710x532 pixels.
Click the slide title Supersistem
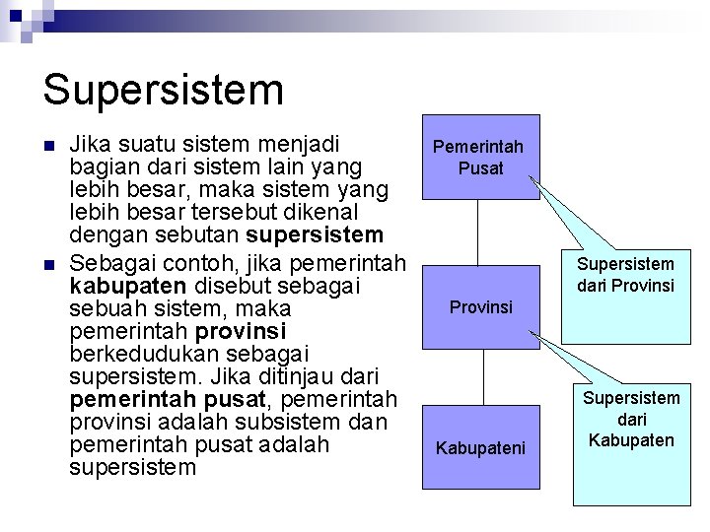(x=164, y=89)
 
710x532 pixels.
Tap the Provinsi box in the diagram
(x=481, y=307)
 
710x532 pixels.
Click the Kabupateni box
(x=481, y=448)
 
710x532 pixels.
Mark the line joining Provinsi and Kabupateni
(x=481, y=376)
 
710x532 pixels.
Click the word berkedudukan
(x=138, y=354)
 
